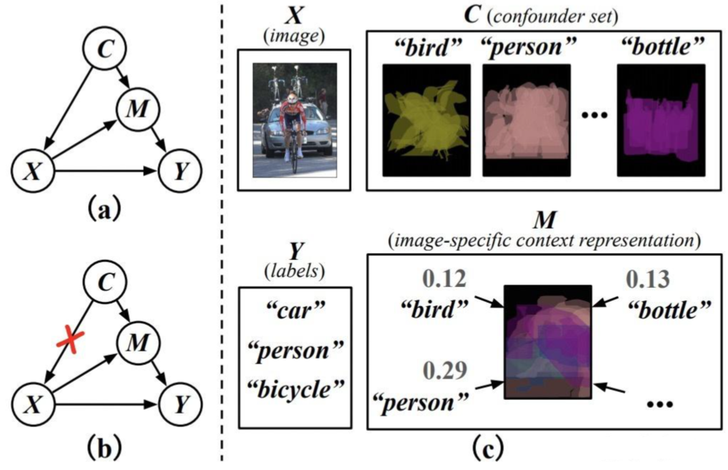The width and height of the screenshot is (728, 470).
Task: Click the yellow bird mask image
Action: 426,120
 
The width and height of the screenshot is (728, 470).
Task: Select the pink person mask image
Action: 527,120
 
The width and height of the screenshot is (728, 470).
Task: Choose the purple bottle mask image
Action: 661,120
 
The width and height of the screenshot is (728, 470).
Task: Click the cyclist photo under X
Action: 294,119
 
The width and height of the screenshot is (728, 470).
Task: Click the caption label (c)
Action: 489,450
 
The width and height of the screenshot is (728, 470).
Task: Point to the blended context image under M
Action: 548,341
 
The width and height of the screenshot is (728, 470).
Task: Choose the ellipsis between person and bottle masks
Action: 594,114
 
